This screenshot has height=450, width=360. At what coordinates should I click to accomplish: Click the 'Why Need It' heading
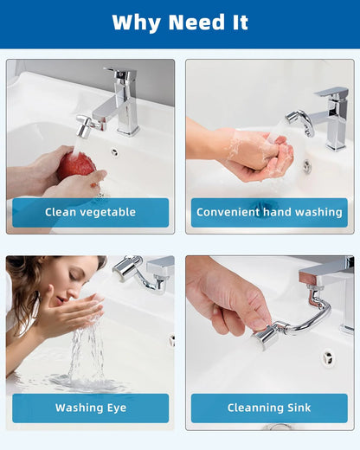tap(179, 22)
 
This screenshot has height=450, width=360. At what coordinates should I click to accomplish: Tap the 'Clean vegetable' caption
tap(91, 212)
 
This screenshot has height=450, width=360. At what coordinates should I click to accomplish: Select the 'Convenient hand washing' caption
tap(269, 212)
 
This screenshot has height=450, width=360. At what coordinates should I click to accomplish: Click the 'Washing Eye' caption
tap(91, 408)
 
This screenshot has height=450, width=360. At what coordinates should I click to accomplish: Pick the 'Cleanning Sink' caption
tap(269, 408)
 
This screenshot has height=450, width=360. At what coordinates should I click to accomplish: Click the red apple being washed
tap(78, 164)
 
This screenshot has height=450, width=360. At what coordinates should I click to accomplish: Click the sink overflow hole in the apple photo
tap(113, 152)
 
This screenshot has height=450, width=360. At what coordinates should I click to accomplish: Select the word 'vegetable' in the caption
tap(106, 212)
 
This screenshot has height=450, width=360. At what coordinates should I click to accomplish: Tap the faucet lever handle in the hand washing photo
tap(330, 92)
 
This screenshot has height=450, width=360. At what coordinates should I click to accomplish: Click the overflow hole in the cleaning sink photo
tap(327, 357)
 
